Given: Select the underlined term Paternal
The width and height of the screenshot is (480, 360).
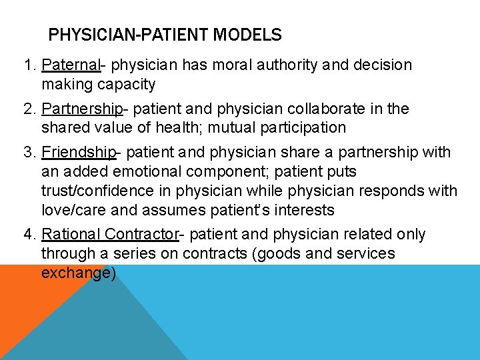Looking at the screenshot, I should [70, 65].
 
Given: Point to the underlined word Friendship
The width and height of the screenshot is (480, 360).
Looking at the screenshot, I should [79, 152].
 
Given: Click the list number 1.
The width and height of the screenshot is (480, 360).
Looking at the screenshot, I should [29, 65].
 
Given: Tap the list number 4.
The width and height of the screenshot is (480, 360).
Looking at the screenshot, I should [29, 235].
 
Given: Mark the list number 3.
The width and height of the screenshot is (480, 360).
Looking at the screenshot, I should [29, 152].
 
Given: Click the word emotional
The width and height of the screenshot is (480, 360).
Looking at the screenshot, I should [137, 171].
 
